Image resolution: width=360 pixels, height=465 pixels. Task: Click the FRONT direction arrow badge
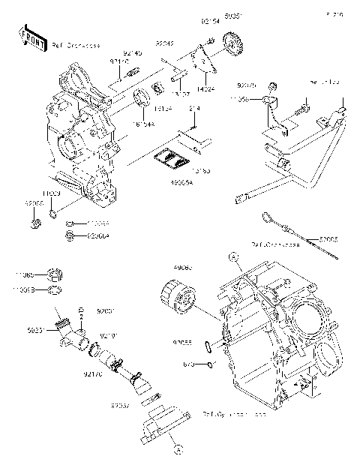pyautogui.click(x=29, y=38)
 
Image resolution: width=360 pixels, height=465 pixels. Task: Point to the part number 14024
pyautogui.click(x=206, y=87)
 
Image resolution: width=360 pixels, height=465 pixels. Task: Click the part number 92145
pyautogui.click(x=133, y=54)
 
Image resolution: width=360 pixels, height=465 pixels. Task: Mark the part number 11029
pyautogui.click(x=52, y=193)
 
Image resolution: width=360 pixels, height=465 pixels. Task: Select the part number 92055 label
pyautogui.click(x=181, y=343)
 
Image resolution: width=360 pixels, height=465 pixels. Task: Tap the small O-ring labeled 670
pyautogui.click(x=212, y=364)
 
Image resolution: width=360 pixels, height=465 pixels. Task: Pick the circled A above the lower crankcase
pyautogui.click(x=233, y=256)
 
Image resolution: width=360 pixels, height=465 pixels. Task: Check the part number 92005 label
pyautogui.click(x=329, y=240)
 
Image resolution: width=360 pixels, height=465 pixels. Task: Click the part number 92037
pyautogui.click(x=119, y=405)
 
